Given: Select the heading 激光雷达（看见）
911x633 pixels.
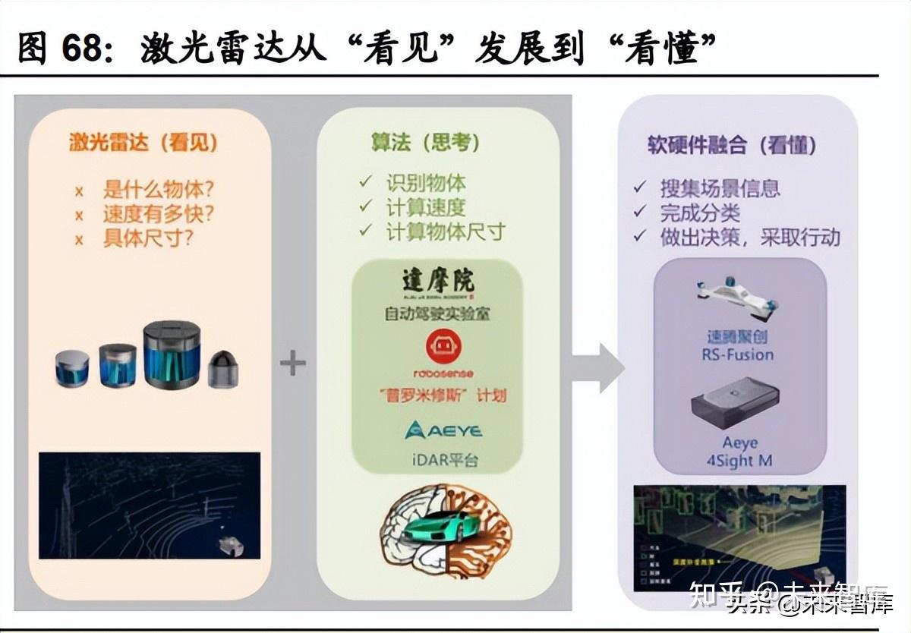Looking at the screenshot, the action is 143,142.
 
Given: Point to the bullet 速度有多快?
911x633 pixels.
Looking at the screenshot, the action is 158,214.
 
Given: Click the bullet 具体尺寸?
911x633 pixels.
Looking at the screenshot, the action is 148,238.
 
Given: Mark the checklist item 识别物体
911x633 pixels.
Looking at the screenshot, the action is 426,183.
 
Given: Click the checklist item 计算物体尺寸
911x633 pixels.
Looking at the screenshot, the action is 446,231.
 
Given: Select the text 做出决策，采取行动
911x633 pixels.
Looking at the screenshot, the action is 750,238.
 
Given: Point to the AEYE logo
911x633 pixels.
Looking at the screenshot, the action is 443,431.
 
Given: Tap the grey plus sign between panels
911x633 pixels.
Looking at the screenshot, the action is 293,364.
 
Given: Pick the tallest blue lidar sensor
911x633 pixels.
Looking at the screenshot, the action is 172,354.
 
